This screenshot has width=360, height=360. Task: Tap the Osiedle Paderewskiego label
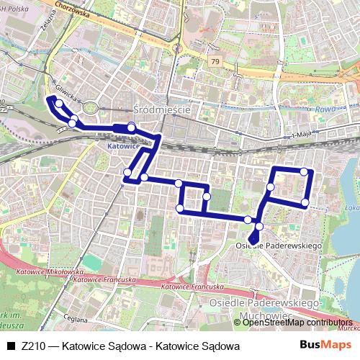(277, 246)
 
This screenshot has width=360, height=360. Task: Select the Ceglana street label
(74, 319)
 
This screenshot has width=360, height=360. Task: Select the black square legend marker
(10, 346)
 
